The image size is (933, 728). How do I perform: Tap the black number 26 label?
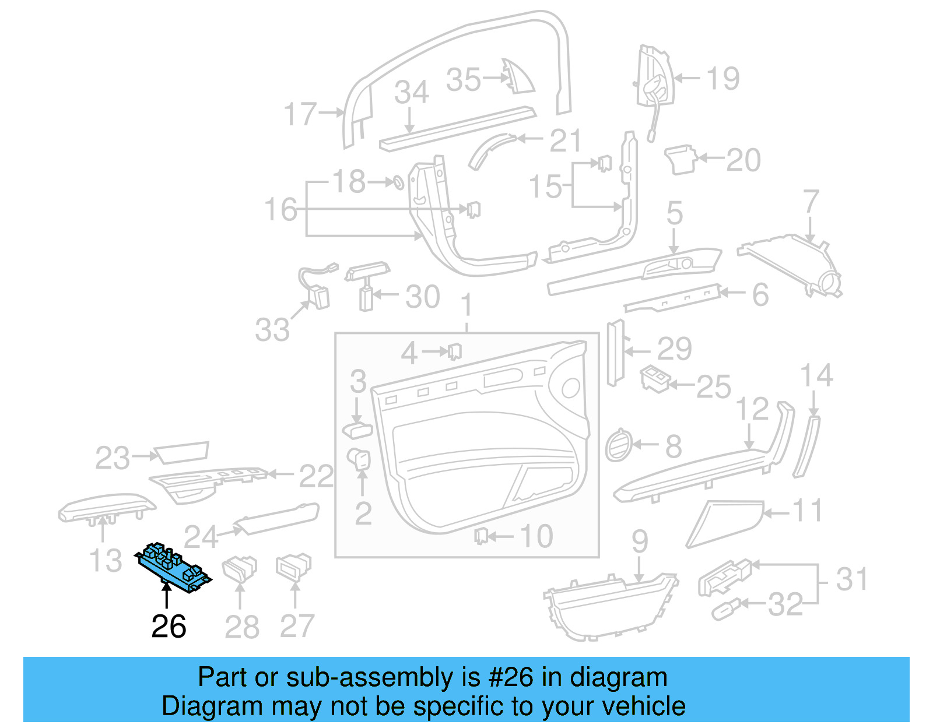[169, 627]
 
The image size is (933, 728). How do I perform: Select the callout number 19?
[722, 78]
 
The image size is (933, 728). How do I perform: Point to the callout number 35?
[464, 79]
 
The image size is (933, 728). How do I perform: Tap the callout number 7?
[811, 201]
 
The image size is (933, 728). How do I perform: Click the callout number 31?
[852, 579]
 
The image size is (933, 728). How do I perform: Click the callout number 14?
[816, 375]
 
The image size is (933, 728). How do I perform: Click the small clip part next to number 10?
[480, 535]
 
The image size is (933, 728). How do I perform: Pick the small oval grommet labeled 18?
[396, 182]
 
